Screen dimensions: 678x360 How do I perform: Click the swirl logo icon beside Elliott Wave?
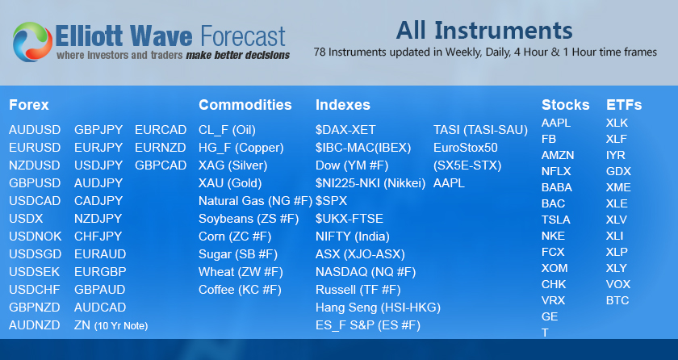[x=32, y=41]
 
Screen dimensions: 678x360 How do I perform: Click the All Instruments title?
[x=484, y=30]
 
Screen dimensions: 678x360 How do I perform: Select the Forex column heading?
[x=28, y=105]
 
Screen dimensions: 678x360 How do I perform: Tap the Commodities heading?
[x=245, y=105]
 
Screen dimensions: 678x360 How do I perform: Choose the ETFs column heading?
[x=624, y=105]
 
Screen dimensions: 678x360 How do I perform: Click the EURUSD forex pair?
[x=35, y=148]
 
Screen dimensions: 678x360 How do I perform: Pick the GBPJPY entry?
[x=98, y=130]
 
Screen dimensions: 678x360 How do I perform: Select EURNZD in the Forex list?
[x=161, y=148]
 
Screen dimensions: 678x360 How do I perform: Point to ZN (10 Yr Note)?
[x=111, y=325]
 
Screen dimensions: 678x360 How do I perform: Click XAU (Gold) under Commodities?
[x=230, y=183]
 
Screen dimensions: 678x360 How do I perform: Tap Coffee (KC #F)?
[x=240, y=290]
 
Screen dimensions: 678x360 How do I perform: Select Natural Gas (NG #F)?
[x=255, y=201]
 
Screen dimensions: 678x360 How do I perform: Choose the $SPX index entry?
[x=331, y=201]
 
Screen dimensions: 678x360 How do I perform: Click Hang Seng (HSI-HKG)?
[x=378, y=308]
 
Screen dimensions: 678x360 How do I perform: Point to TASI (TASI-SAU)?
[x=480, y=130]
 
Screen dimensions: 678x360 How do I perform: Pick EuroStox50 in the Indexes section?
[x=466, y=148]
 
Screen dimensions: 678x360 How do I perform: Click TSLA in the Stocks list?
[x=555, y=220]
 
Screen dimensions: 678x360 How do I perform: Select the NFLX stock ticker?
[x=556, y=172]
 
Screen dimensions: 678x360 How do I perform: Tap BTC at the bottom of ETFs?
[x=617, y=301]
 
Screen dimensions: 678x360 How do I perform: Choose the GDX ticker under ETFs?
[x=619, y=172]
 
